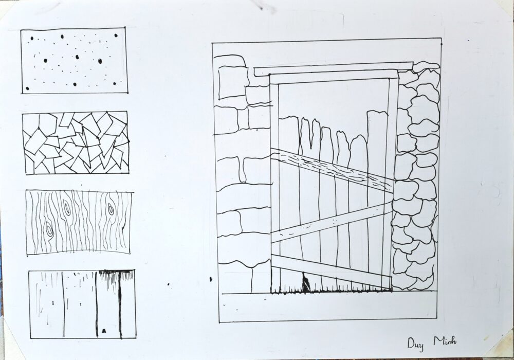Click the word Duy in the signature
point(415,344)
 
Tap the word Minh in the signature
point(445,341)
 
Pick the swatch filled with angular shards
point(76,142)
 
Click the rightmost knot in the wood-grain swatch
point(110,208)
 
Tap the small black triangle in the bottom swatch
point(104,331)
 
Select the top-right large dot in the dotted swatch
point(116,35)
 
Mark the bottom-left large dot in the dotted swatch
point(28,88)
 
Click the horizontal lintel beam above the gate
point(334,69)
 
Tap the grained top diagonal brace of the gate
point(332,169)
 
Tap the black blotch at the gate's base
point(305,283)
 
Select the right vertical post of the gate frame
point(393,184)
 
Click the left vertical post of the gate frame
point(274,184)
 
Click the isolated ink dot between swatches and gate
point(169,284)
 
